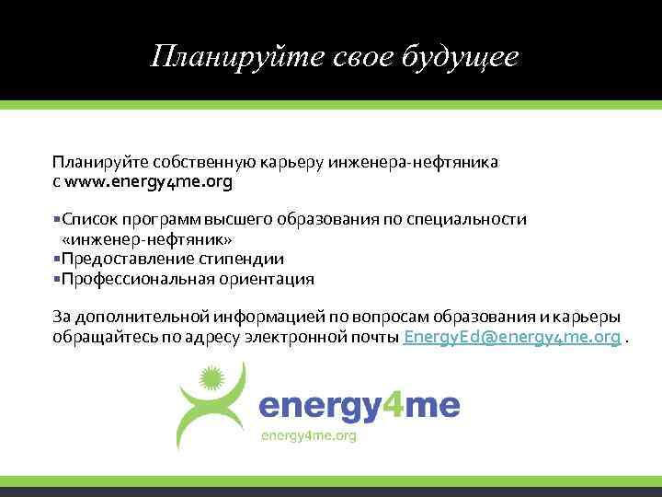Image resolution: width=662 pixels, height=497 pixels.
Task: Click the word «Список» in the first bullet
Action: [84, 219]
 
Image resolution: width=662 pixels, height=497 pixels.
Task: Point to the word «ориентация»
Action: [267, 278]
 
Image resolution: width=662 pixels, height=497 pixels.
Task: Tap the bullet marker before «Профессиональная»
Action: [56, 278]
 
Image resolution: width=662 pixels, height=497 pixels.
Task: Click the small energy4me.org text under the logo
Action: [309, 435]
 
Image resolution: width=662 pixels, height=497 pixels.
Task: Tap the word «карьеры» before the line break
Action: [589, 318]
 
